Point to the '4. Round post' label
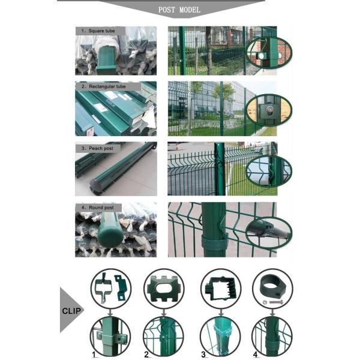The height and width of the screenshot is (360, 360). coord(99,208)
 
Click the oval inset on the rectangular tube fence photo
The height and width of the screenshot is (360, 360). coord(268,110)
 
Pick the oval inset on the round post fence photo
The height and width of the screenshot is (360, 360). coord(268,230)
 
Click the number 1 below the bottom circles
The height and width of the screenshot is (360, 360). coord(94,355)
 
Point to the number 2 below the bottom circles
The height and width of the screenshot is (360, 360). coord(146,355)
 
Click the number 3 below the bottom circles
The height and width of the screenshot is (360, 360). coord(203,355)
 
